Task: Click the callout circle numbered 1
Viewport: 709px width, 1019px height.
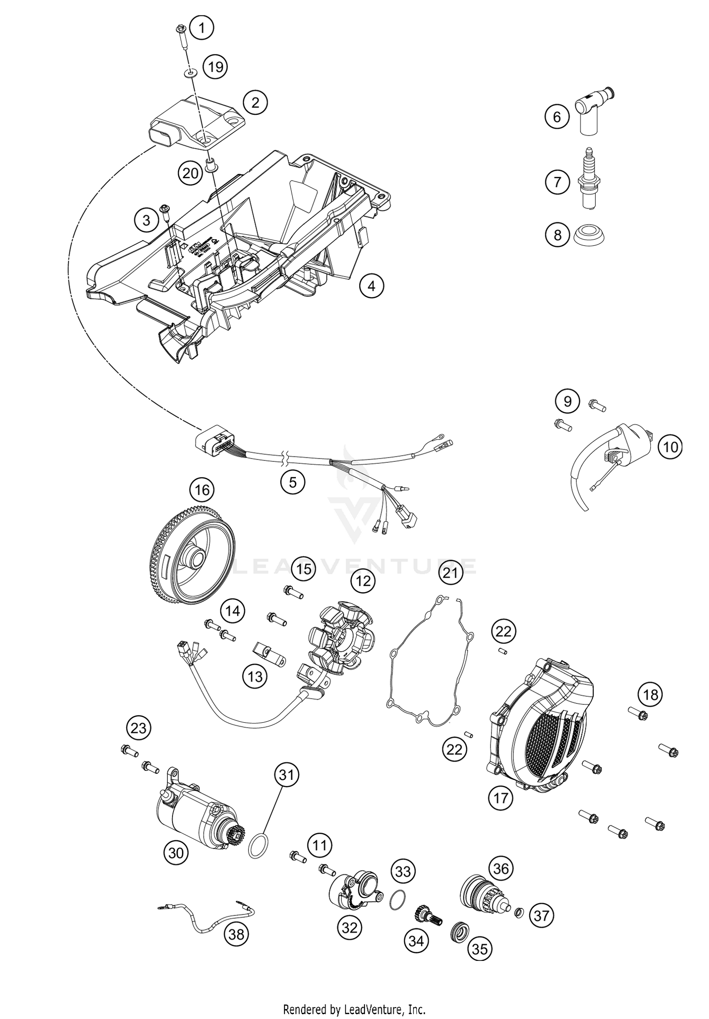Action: click(x=202, y=28)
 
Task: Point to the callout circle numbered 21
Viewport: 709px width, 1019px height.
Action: click(x=450, y=573)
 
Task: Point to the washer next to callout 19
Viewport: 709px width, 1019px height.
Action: click(x=192, y=73)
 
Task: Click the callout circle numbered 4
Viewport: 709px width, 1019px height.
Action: click(x=372, y=286)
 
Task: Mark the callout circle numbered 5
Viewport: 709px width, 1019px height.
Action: click(x=293, y=482)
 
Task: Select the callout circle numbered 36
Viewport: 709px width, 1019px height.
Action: click(x=501, y=868)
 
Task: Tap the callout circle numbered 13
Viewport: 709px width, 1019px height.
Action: click(x=255, y=677)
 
